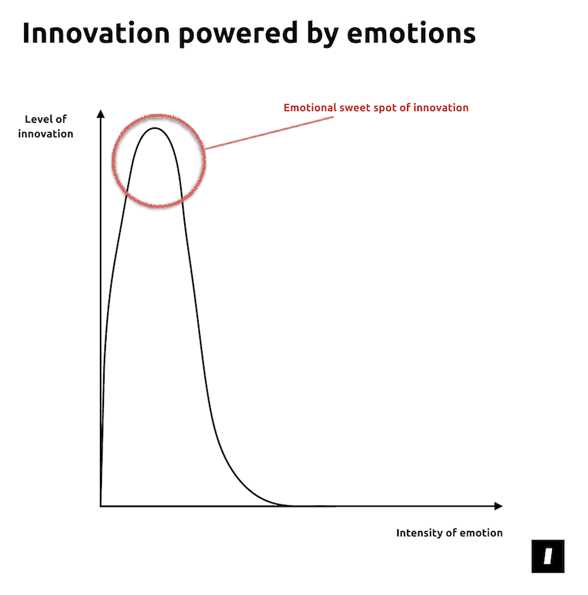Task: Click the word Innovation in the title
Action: pyautogui.click(x=96, y=33)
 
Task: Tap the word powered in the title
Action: pyautogui.click(x=238, y=35)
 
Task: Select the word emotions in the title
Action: pyautogui.click(x=411, y=33)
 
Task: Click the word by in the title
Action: pyautogui.click(x=322, y=35)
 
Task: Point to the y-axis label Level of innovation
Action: pyautogui.click(x=46, y=126)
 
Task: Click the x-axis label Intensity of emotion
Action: pyautogui.click(x=449, y=533)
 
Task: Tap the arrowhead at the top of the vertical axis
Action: pyautogui.click(x=101, y=114)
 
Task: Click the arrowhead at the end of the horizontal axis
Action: pyautogui.click(x=498, y=506)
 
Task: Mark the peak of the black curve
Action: pyautogui.click(x=155, y=128)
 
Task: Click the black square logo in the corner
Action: pyautogui.click(x=547, y=556)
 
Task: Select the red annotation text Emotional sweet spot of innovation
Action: pyautogui.click(x=376, y=108)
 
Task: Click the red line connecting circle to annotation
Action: pyautogui.click(x=269, y=133)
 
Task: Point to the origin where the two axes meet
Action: pyautogui.click(x=101, y=506)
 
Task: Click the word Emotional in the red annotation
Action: pyautogui.click(x=310, y=108)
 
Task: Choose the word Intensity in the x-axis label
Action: pyautogui.click(x=419, y=533)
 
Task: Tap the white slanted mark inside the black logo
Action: pyautogui.click(x=548, y=556)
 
